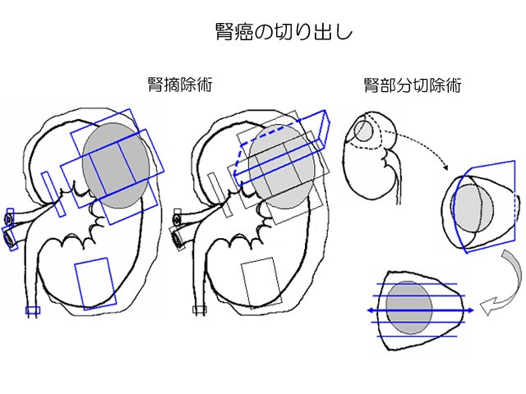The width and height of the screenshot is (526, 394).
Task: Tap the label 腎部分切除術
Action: click(412, 85)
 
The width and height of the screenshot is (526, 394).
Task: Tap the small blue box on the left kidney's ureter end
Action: click(32, 310)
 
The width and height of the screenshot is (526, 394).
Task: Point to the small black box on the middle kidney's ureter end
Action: click(199, 310)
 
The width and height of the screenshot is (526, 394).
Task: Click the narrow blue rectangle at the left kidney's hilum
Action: click(51, 195)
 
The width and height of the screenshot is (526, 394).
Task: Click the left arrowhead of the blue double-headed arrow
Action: click(369, 311)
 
